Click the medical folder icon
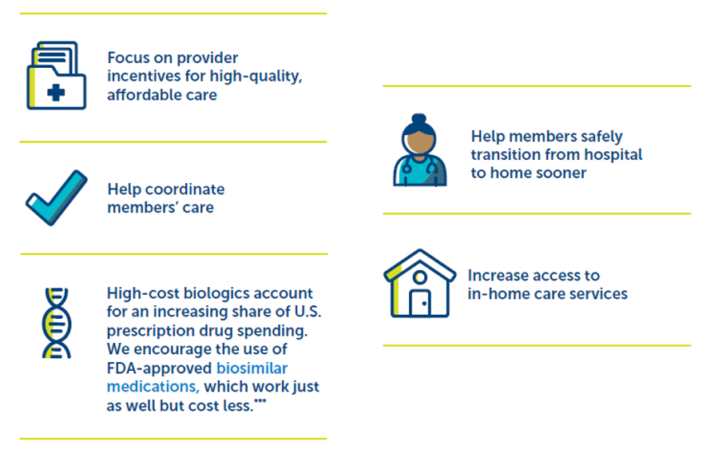[56, 75]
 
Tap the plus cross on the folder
[56, 93]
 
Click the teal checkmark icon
[56, 197]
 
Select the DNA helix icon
[56, 323]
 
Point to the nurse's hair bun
[418, 119]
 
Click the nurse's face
[419, 141]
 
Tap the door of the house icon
[420, 303]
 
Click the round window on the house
[419, 277]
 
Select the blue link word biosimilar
[252, 368]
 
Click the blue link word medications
[153, 387]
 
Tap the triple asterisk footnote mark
[260, 402]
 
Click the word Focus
[129, 58]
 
